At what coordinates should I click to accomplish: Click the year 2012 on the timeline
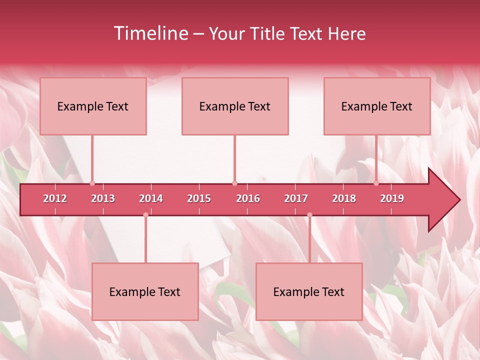click(x=55, y=198)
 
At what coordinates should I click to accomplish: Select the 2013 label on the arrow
click(x=103, y=198)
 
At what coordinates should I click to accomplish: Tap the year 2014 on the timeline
click(x=151, y=198)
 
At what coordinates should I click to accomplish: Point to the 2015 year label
click(x=199, y=198)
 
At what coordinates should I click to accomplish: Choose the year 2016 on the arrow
click(x=248, y=198)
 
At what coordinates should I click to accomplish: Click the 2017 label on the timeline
click(x=296, y=198)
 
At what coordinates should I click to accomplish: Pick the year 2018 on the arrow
click(x=344, y=198)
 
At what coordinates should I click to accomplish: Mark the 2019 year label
click(x=392, y=198)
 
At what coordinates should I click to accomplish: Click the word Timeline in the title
click(x=150, y=33)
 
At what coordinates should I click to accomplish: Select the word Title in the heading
click(x=268, y=33)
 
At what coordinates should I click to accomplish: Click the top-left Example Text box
click(x=93, y=106)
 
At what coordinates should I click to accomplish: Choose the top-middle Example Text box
click(x=235, y=106)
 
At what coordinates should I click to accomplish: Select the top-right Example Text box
click(x=377, y=106)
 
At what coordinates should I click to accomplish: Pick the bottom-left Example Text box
click(x=145, y=291)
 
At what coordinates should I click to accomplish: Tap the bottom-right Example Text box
click(x=309, y=291)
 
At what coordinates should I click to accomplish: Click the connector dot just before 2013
click(x=92, y=183)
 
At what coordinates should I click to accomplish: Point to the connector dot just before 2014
click(x=145, y=215)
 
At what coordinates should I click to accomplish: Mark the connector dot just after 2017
click(x=309, y=215)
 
